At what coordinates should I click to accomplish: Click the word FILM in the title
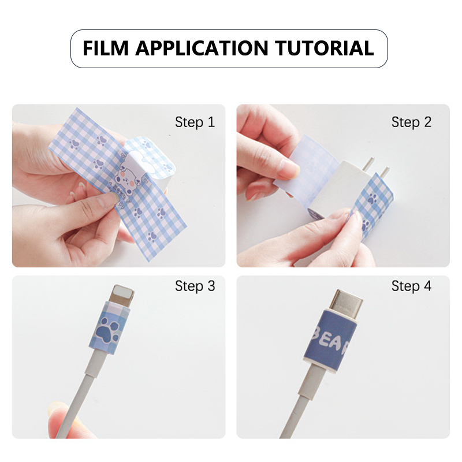pyautogui.click(x=106, y=48)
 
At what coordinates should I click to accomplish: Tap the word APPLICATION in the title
pyautogui.click(x=202, y=48)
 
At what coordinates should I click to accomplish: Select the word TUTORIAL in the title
pyautogui.click(x=325, y=48)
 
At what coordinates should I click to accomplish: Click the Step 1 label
pyautogui.click(x=195, y=122)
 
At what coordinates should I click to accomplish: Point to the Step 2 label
pyautogui.click(x=411, y=122)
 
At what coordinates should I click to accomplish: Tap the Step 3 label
pyautogui.click(x=195, y=286)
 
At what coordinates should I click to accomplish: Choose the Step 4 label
pyautogui.click(x=411, y=286)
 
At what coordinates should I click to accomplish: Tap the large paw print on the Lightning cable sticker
pyautogui.click(x=107, y=330)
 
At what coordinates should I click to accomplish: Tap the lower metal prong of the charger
pyautogui.click(x=385, y=173)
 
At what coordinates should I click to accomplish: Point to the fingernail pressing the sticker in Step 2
pyautogui.click(x=289, y=168)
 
